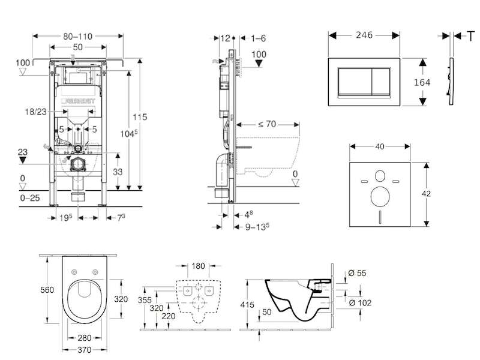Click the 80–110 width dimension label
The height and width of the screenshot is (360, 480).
pos(79,36)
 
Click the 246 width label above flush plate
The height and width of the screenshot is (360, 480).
pos(364,35)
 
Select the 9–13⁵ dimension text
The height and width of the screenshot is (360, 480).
pos(254,227)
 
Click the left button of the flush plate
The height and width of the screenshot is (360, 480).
pos(352,82)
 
